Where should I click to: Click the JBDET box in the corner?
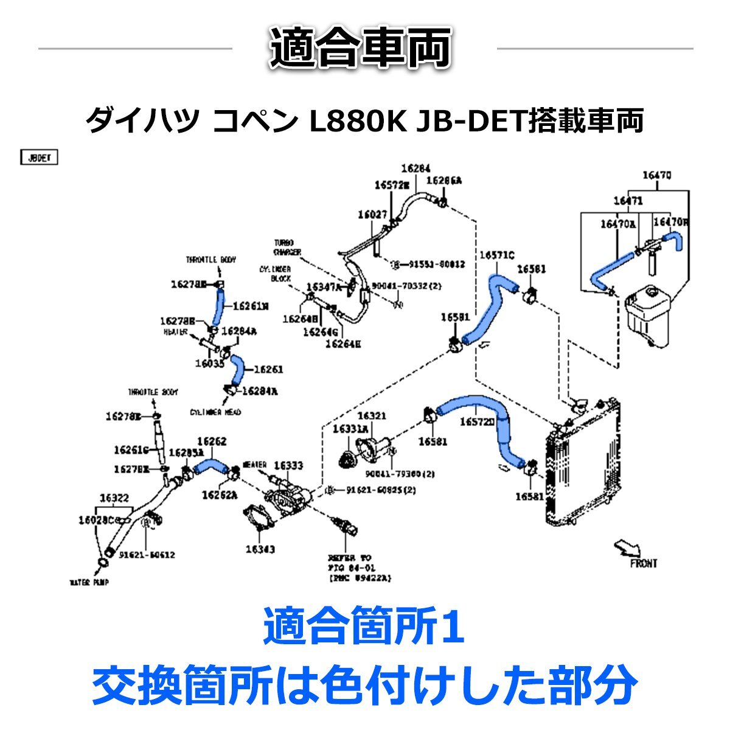[40, 158]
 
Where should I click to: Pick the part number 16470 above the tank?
[657, 176]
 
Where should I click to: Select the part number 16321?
[371, 415]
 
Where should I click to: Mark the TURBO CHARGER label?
[287, 247]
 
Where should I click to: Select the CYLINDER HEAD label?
[215, 412]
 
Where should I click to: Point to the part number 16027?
[372, 214]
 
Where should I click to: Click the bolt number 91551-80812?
[436, 265]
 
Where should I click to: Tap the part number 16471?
[628, 200]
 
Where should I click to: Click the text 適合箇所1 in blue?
[364, 630]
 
